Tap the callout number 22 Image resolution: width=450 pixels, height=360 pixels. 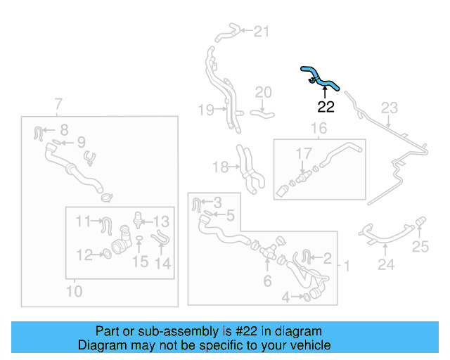326,108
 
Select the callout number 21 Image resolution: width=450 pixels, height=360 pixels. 262,31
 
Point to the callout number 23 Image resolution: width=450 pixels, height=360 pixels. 389,108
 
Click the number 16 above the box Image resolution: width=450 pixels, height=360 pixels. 319,128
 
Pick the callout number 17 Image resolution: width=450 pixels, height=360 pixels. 303,153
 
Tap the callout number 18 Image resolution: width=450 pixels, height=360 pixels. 220,167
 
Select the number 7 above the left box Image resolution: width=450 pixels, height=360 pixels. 58,105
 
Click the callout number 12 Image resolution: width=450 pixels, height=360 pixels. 84,255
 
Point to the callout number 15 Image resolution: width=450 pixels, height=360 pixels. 141,262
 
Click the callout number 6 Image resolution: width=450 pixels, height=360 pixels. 267,281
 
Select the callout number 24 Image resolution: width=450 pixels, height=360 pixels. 385,265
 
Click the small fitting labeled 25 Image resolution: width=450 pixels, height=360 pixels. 421,224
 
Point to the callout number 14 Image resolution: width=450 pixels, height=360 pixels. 163,264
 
